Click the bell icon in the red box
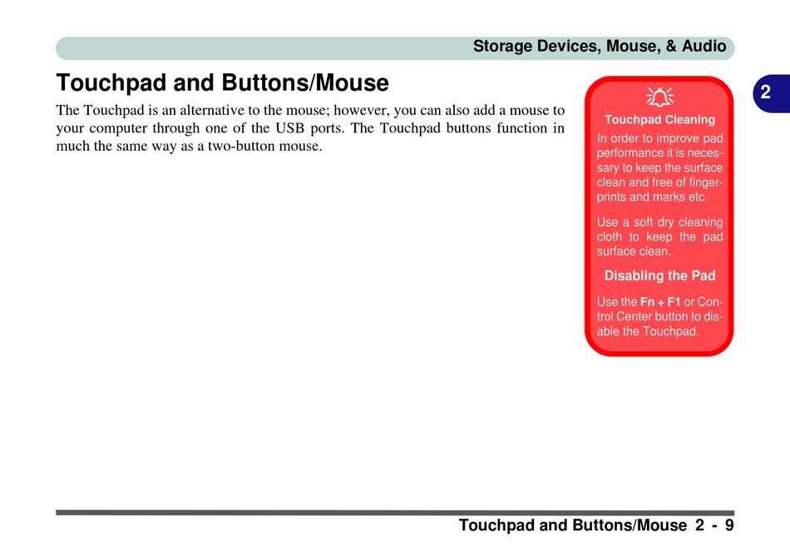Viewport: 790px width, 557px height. point(659,97)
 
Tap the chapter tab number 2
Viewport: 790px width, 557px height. point(765,92)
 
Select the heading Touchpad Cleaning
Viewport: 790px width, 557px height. point(659,120)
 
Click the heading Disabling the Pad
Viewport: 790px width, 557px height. point(659,276)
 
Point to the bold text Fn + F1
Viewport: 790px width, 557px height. point(660,301)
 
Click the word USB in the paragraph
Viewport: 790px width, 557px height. point(289,128)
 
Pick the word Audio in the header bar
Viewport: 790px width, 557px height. point(704,46)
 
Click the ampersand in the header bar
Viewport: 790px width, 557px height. point(671,46)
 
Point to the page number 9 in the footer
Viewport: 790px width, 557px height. point(729,525)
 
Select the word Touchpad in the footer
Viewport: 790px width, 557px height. point(496,525)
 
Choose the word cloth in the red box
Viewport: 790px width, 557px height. point(610,236)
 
